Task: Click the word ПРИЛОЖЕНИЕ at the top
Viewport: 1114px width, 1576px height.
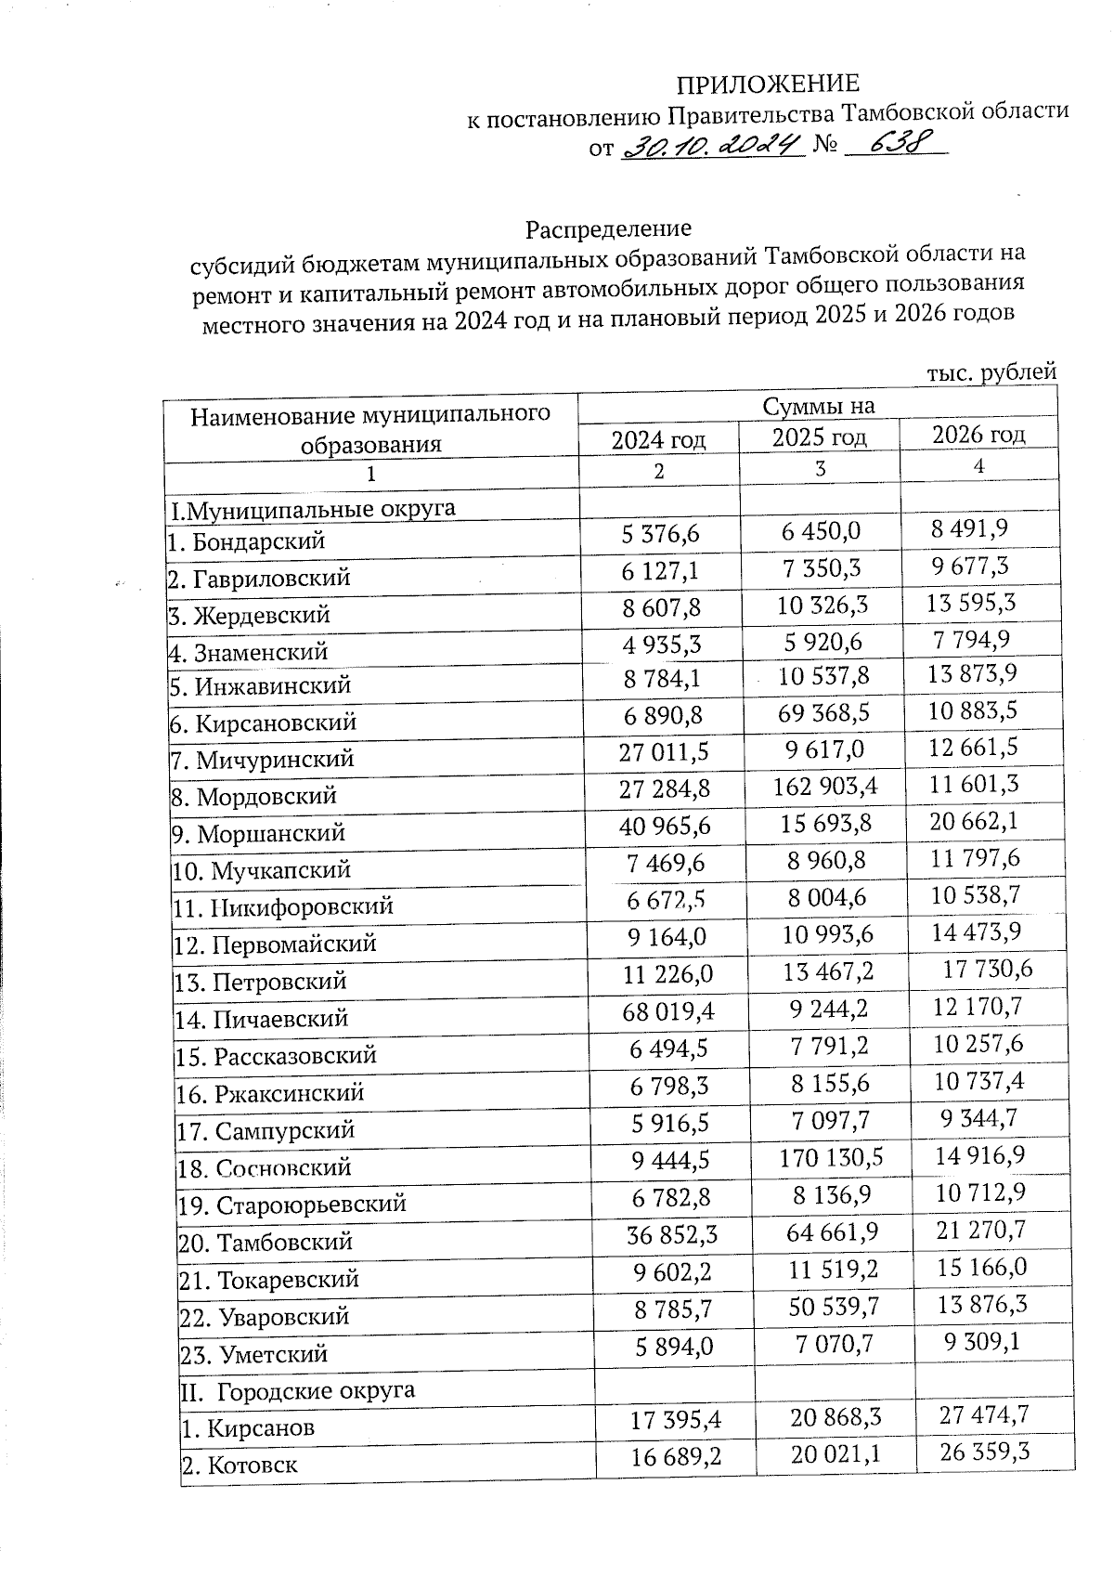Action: click(x=767, y=85)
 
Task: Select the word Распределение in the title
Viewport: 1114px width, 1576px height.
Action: click(x=608, y=228)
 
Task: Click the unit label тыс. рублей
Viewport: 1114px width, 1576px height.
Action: click(x=991, y=372)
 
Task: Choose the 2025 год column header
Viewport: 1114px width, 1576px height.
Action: click(x=820, y=436)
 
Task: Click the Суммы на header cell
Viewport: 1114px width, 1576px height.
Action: click(x=818, y=406)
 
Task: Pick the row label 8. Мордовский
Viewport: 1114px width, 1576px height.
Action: click(x=253, y=797)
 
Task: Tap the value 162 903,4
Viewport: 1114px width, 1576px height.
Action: click(x=825, y=788)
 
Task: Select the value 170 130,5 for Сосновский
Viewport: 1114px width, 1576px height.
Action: click(x=832, y=1157)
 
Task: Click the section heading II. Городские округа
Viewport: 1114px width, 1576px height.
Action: click(x=296, y=1391)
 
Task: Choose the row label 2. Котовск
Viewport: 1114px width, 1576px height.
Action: click(x=240, y=1466)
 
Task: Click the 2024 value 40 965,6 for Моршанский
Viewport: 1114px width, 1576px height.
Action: click(x=660, y=826)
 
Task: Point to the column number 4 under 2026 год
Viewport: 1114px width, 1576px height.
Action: click(x=978, y=467)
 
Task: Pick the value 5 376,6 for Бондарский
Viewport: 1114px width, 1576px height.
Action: click(x=660, y=533)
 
